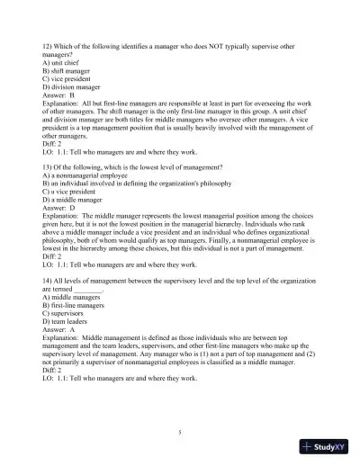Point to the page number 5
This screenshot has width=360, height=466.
[180, 433]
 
